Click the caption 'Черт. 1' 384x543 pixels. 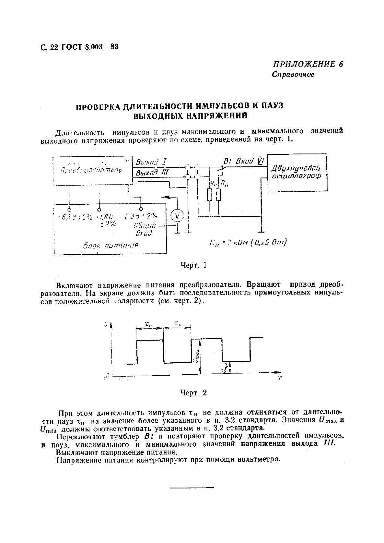coord(193,265)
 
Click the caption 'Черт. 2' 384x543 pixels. coord(193,393)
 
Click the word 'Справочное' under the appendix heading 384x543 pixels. coord(293,75)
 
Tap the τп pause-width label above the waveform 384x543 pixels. coord(177,323)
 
